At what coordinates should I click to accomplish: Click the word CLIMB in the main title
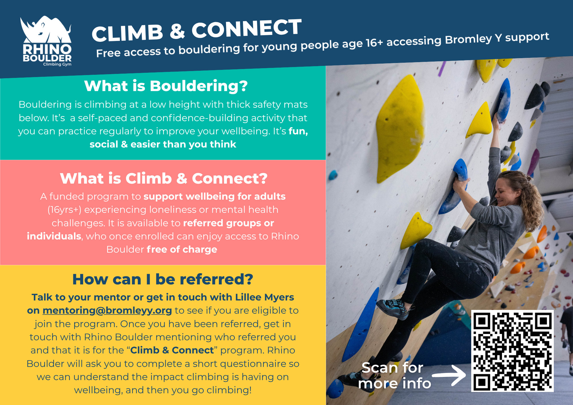(x=127, y=33)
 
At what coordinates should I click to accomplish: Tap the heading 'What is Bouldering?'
(x=166, y=86)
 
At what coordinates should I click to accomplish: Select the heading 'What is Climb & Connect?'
(x=164, y=178)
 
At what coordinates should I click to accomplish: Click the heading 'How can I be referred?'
(x=163, y=279)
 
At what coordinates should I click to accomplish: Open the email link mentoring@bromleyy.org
(x=107, y=310)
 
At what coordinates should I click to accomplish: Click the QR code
(x=512, y=351)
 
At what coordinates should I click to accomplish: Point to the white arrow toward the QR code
(x=449, y=375)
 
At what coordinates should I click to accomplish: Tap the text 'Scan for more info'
(x=394, y=375)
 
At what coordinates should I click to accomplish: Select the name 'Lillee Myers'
(x=264, y=297)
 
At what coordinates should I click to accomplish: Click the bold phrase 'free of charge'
(x=182, y=249)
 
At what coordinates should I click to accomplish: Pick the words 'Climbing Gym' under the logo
(x=57, y=64)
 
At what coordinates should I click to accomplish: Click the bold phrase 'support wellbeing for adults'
(x=215, y=196)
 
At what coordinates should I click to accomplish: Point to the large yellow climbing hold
(x=400, y=129)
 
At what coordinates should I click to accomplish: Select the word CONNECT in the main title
(x=247, y=28)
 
